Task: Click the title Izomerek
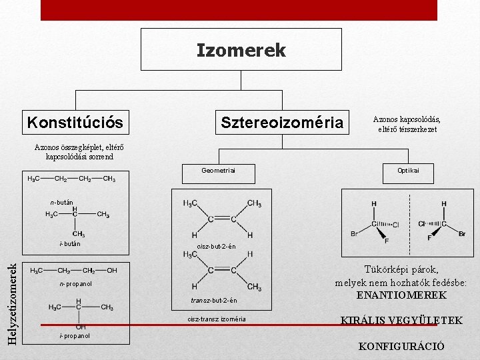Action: pos(241,50)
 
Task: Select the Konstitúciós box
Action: pos(75,123)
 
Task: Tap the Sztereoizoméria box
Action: pos(282,123)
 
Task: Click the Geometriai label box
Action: pos(219,171)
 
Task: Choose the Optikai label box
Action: pos(408,171)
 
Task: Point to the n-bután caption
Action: pos(61,201)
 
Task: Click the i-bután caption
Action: pos(69,244)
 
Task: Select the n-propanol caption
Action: pos(76,284)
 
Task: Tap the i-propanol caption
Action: pos(75,335)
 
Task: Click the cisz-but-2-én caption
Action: pos(217,247)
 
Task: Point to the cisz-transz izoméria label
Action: pos(217,319)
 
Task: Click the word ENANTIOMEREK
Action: pos(401,295)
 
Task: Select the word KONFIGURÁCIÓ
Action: pos(401,347)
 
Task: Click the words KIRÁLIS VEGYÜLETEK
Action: pos(401,321)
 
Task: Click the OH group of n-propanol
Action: pos(112,270)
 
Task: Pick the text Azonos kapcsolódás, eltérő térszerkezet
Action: pos(407,124)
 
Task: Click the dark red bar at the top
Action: pos(239,9)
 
